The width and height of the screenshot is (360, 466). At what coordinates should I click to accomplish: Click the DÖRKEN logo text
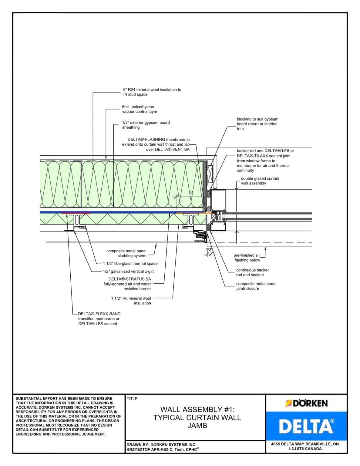coord(307,403)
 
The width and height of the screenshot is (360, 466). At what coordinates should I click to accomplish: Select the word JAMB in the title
coord(197,426)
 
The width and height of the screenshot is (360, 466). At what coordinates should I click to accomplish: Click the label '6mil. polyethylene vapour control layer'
coord(140,109)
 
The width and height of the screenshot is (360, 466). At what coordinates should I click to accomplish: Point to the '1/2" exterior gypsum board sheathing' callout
coord(146,125)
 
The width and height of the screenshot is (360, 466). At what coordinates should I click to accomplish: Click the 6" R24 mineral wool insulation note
coord(152,92)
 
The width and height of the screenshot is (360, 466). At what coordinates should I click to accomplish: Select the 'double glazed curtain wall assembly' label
coord(260,181)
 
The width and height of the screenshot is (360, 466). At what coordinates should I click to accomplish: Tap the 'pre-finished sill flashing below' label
coord(247,258)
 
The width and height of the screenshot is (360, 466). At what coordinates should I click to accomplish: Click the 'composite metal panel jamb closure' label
coord(256,286)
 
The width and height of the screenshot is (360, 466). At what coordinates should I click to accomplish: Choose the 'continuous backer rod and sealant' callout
coord(252,272)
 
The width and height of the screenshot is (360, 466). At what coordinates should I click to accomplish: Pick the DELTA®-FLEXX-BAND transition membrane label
coord(99,319)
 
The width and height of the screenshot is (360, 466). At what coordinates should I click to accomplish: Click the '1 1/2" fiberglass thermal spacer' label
coord(131,263)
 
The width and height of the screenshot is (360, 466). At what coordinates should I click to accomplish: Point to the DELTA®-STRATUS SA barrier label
coord(128,284)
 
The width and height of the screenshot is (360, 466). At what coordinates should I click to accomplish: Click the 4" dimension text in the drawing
coord(191,193)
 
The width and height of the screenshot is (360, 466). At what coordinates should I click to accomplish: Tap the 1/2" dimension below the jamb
coord(208,250)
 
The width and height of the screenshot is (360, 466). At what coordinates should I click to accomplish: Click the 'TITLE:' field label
coord(133,399)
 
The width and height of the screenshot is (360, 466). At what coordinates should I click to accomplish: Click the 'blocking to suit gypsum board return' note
coord(257,124)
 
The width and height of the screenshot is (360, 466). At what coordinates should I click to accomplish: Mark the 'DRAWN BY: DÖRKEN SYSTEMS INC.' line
coord(161,445)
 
